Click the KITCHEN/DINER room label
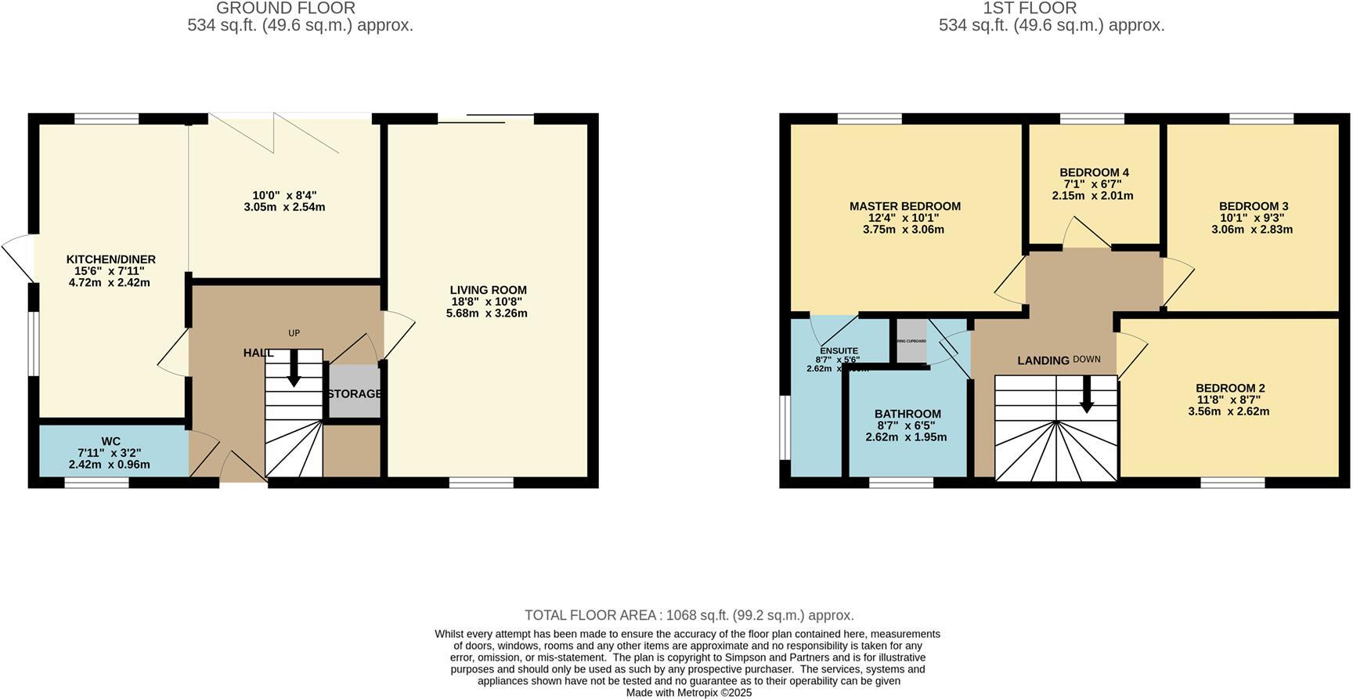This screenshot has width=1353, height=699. click(x=110, y=259)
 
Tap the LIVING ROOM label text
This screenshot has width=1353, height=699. click(x=488, y=290)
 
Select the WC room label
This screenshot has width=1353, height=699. click(x=110, y=441)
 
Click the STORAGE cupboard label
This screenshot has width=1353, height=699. click(x=355, y=393)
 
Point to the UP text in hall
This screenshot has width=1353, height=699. click(x=294, y=333)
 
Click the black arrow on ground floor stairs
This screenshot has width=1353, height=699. click(x=294, y=369)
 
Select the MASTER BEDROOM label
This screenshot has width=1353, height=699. click(x=904, y=206)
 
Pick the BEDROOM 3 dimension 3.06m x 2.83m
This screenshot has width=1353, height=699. click(x=1252, y=230)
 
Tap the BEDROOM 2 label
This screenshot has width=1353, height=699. click(x=1229, y=388)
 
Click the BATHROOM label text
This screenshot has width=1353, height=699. click(x=907, y=414)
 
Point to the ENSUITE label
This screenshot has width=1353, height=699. click(x=839, y=350)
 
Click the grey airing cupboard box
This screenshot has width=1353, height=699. click(x=911, y=341)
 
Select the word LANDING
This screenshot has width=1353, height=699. click(x=1043, y=360)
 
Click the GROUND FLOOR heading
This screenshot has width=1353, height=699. click(x=285, y=9)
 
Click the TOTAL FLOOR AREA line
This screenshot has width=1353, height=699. click(x=689, y=615)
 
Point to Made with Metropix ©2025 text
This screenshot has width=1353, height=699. click(x=688, y=693)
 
